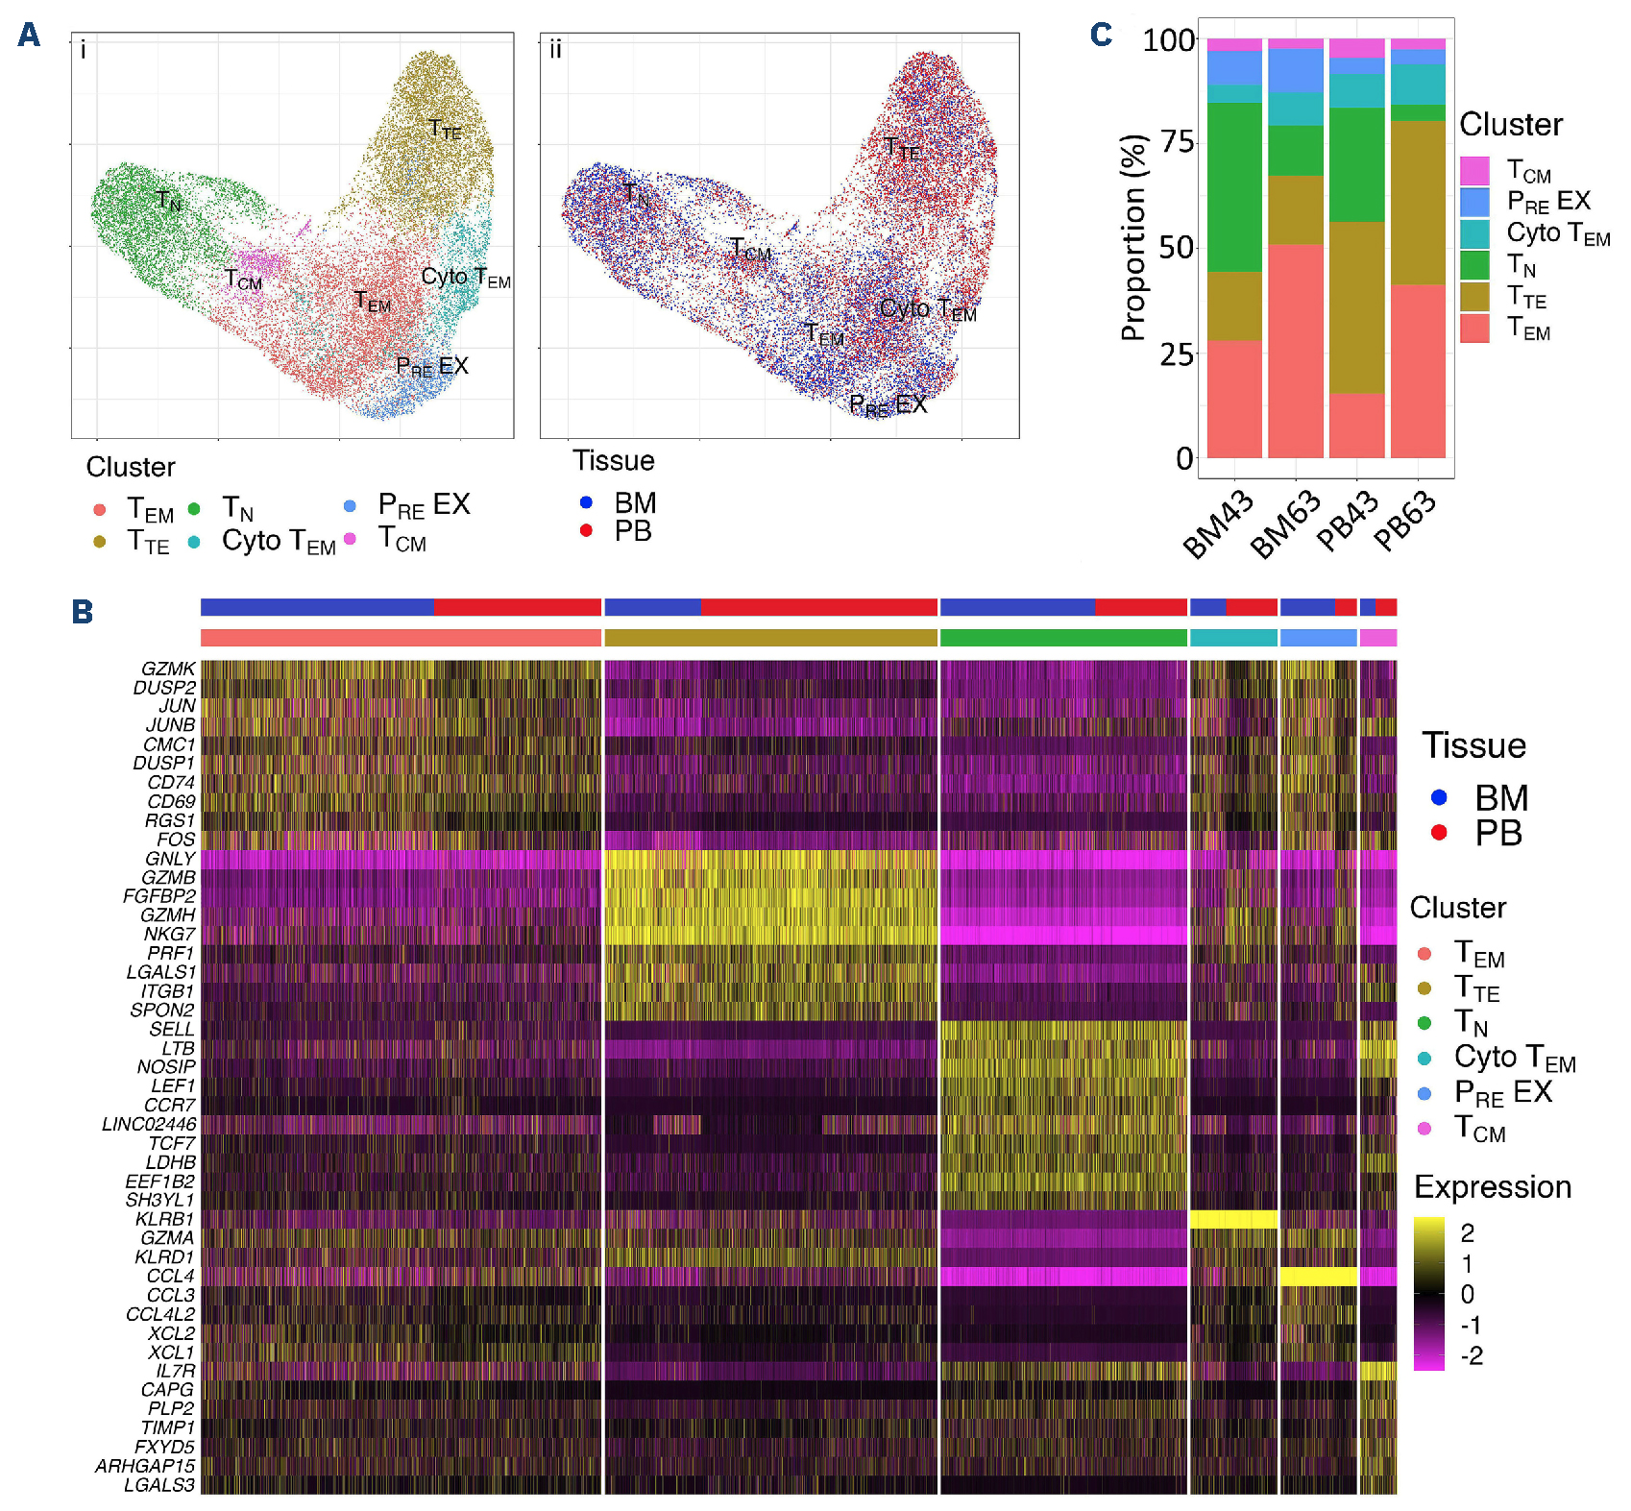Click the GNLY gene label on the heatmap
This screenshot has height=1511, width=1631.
pyautogui.click(x=170, y=859)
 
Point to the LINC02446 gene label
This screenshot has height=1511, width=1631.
pyautogui.click(x=149, y=1124)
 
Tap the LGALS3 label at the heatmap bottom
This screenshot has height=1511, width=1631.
pyautogui.click(x=159, y=1485)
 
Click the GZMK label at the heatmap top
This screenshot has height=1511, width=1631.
pyautogui.click(x=168, y=669)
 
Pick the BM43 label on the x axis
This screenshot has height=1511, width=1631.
pyautogui.click(x=1218, y=524)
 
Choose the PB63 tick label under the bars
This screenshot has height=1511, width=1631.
pyautogui.click(x=1404, y=521)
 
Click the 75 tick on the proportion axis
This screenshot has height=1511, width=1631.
pyautogui.click(x=1177, y=142)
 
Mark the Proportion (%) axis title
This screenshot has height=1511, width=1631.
pyautogui.click(x=1133, y=237)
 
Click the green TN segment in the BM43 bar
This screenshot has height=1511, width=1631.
pyautogui.click(x=1234, y=187)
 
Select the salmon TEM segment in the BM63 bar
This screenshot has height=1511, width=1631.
pyautogui.click(x=1295, y=351)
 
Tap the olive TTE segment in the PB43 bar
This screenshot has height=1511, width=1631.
pyautogui.click(x=1356, y=307)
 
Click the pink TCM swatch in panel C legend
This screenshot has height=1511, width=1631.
pyautogui.click(x=1474, y=171)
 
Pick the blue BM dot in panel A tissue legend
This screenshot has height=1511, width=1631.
pyautogui.click(x=586, y=502)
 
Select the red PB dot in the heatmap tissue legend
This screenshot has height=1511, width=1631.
pyautogui.click(x=1438, y=833)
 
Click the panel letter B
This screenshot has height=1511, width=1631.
pyautogui.click(x=83, y=612)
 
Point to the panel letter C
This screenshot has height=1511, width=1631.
pyautogui.click(x=1101, y=35)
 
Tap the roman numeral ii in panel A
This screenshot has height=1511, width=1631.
pyautogui.click(x=555, y=49)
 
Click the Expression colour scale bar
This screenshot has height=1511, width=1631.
pyautogui.click(x=1428, y=1293)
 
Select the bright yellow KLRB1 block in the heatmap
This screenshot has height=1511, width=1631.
pyautogui.click(x=1233, y=1219)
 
